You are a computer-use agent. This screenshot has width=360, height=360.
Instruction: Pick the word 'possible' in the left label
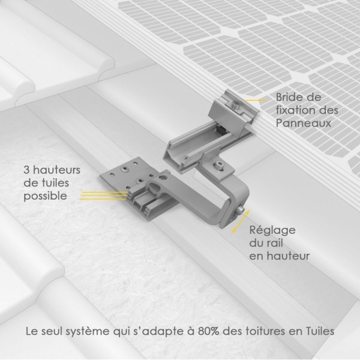(44, 196)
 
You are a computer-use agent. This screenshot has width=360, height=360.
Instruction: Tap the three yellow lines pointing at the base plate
(111, 194)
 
